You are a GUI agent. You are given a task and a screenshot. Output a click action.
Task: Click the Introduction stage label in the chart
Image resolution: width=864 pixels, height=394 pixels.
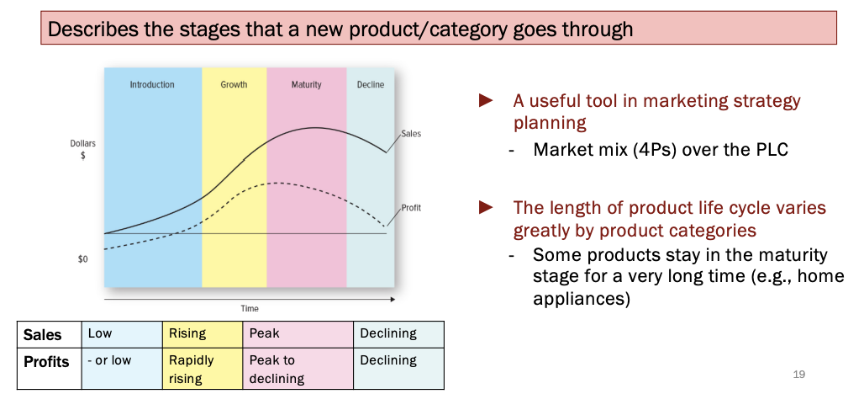152,85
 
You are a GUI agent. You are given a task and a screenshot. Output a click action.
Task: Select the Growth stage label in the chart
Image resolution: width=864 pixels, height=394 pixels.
234,85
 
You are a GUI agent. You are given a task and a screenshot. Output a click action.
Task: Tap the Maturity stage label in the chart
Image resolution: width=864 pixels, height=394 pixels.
306,85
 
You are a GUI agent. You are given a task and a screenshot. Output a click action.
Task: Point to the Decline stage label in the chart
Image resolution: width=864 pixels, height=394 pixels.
370,85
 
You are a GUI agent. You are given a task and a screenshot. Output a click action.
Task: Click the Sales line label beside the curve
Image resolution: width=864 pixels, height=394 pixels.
411,134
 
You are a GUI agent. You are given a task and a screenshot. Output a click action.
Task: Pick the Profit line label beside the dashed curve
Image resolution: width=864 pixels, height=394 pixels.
411,207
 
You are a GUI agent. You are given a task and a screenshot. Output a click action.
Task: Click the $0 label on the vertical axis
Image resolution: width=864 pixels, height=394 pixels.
82,259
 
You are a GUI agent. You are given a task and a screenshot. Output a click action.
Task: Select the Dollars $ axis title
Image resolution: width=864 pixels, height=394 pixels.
82,150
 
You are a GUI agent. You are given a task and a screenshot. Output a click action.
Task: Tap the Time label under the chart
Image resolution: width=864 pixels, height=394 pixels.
250,309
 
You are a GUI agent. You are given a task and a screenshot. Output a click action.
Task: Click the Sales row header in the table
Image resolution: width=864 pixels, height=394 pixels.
43,334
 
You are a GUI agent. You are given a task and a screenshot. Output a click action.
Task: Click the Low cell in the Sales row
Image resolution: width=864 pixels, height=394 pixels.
99,333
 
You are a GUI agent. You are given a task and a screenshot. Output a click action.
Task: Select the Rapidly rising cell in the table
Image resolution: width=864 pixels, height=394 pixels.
192,369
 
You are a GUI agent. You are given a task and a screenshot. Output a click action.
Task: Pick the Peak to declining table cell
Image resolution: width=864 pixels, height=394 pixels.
272,369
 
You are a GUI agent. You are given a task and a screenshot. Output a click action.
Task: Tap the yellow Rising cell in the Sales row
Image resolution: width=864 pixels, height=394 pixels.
187,333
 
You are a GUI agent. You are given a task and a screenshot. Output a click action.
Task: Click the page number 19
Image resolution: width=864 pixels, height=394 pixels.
798,374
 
